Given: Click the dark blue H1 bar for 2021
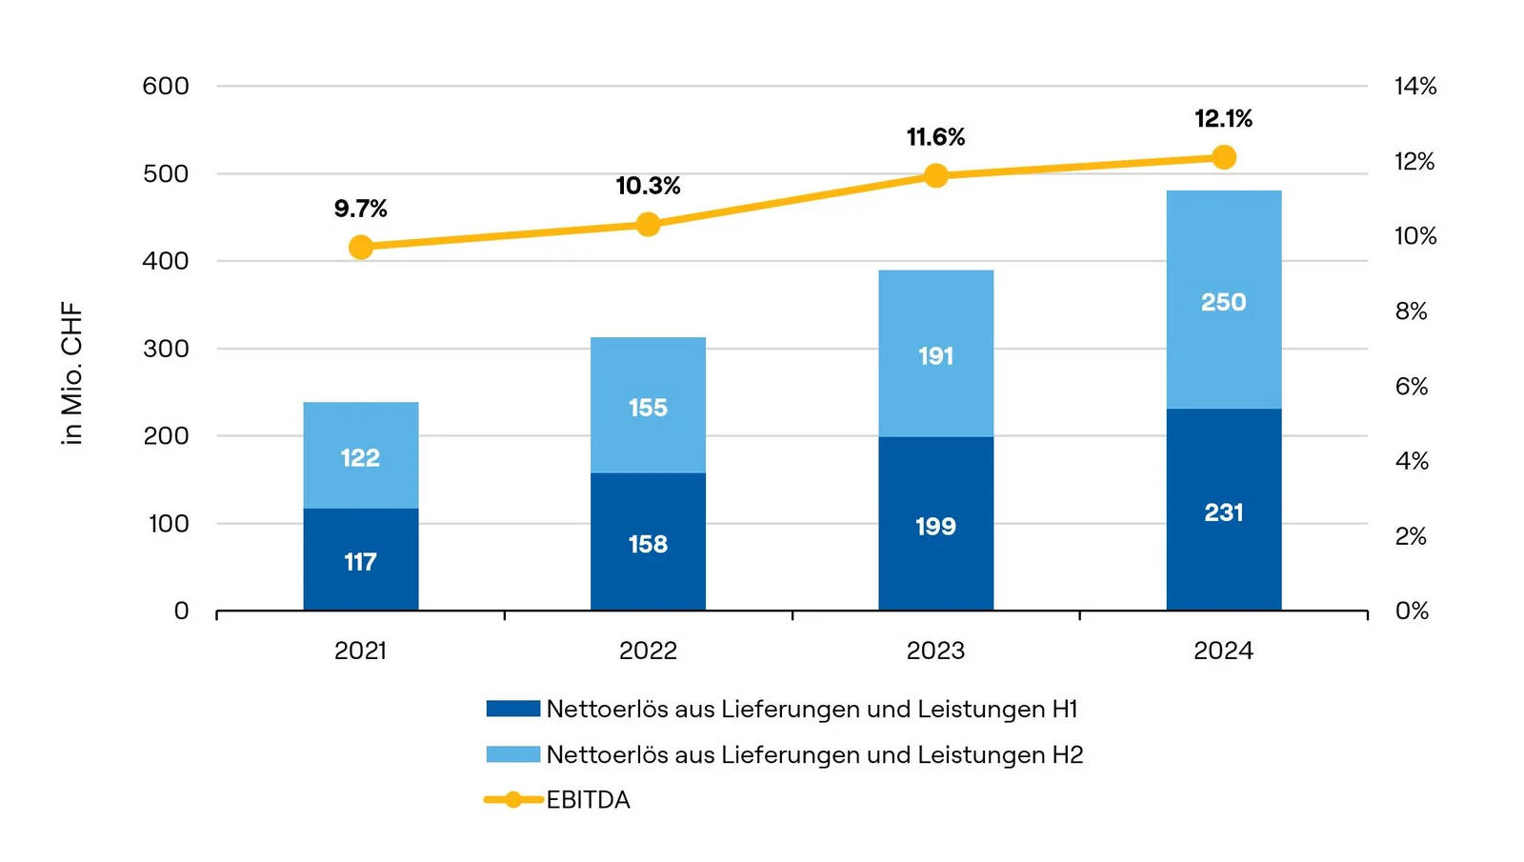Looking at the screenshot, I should [361, 559].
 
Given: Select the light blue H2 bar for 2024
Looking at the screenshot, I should [1223, 299].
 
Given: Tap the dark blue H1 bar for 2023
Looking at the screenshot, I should [935, 523].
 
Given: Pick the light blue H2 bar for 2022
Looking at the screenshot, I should [648, 405].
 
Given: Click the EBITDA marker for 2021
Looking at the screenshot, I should [361, 248].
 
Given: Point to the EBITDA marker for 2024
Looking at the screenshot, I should [1224, 157].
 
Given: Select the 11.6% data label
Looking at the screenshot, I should [935, 137].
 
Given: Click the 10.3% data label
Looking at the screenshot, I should [648, 186].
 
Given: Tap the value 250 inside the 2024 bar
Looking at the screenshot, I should [1223, 302].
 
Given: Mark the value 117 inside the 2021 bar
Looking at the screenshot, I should [360, 562].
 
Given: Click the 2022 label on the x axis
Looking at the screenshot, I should [648, 651].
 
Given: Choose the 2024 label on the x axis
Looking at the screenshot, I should [1223, 651].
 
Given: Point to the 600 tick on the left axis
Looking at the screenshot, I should [166, 86].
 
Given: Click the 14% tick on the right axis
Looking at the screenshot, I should [1415, 86].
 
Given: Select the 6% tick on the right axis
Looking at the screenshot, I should [1412, 386].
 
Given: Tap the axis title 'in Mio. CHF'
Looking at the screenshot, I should [72, 373].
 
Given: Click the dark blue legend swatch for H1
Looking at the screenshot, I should [512, 709].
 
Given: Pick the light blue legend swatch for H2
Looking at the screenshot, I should [512, 754].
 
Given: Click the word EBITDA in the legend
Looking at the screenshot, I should [588, 800].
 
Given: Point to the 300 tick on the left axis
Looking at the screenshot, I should [166, 349].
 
